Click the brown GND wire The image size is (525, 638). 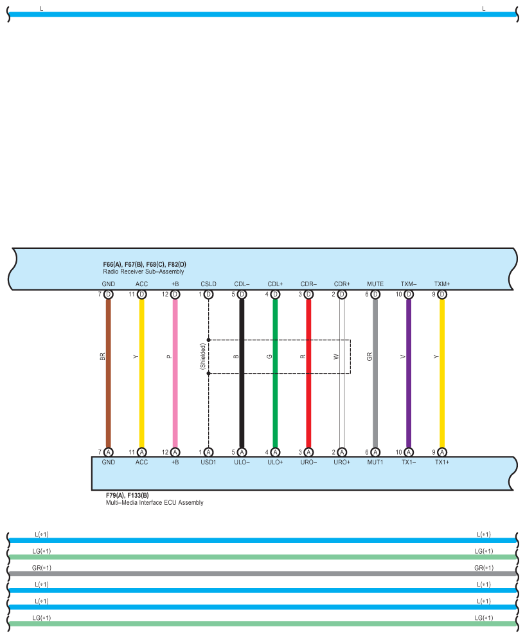click(x=108, y=399)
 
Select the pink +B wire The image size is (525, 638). click(x=175, y=399)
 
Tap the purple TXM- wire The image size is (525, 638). click(x=409, y=399)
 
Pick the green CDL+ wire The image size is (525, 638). click(x=275, y=399)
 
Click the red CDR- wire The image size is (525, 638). click(x=308, y=399)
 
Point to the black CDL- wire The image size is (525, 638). click(x=242, y=399)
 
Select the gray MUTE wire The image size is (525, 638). click(x=375, y=399)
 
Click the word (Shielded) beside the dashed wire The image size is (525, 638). click(x=202, y=356)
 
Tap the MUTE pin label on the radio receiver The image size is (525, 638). click(x=375, y=284)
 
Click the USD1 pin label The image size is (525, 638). click(x=208, y=462)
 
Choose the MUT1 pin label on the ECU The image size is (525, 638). click(x=375, y=462)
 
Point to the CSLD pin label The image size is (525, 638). click(x=208, y=284)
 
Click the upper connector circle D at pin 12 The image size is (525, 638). click(x=175, y=295)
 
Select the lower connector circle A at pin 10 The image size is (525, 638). click(x=409, y=452)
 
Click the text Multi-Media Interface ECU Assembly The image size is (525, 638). click(x=154, y=502)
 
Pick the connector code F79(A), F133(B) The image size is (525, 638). click(x=127, y=495)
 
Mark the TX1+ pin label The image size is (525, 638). click(x=442, y=462)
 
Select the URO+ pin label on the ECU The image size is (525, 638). click(x=342, y=462)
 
